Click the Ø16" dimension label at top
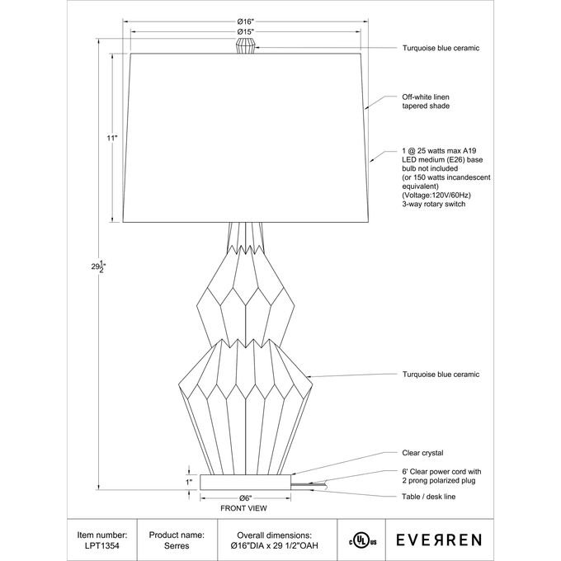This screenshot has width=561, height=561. [x=244, y=21]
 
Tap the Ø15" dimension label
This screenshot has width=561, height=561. [x=244, y=32]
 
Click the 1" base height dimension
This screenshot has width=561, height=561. [x=189, y=481]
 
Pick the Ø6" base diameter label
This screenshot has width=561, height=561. [x=244, y=497]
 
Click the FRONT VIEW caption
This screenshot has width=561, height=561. [x=245, y=508]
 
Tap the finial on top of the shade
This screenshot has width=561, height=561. [x=244, y=45]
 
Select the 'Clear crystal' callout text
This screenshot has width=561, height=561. [x=422, y=453]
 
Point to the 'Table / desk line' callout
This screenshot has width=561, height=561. [x=429, y=497]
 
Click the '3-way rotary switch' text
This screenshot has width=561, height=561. [x=434, y=203]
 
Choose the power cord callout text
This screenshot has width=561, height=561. [x=438, y=475]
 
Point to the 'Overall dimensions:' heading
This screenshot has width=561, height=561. [x=274, y=535]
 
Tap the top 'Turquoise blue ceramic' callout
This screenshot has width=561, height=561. [x=441, y=48]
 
